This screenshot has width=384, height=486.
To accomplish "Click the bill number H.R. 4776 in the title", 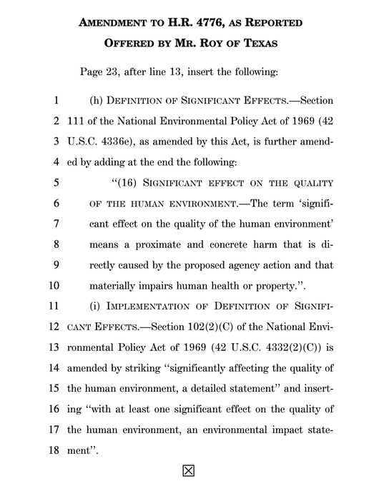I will click(x=203, y=22).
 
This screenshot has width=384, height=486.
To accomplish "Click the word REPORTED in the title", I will click(x=273, y=22).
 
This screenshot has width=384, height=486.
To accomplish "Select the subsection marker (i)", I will click(x=97, y=307).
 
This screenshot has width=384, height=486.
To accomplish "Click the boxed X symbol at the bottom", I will click(x=189, y=470).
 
